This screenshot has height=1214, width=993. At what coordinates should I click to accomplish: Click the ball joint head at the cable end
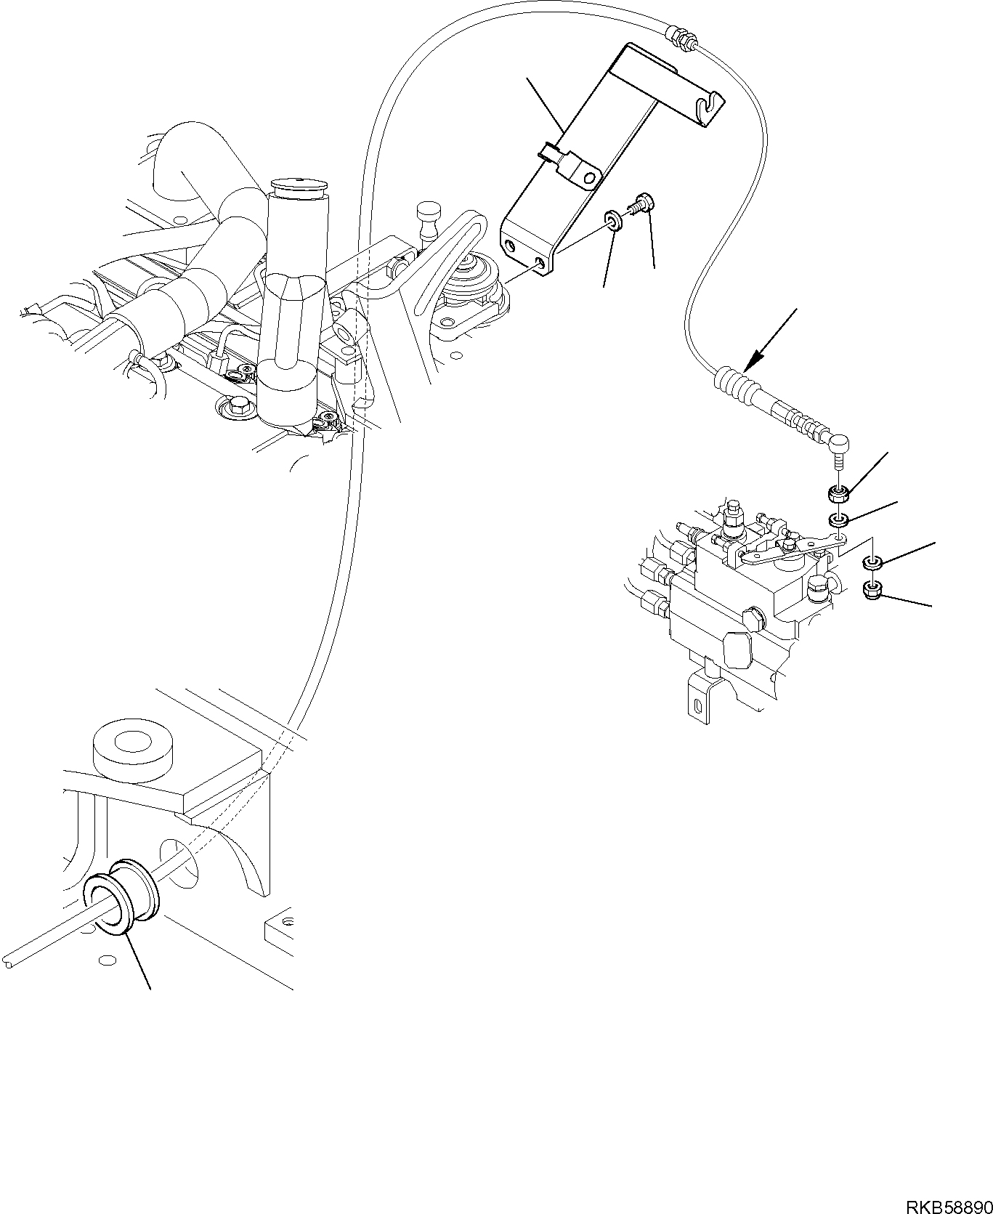coord(839,442)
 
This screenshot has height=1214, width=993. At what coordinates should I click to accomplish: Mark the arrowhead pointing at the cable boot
coord(758,356)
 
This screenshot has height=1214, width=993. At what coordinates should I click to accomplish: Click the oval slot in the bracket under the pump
coord(697,705)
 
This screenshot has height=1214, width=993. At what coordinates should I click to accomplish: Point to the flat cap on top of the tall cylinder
coord(297,183)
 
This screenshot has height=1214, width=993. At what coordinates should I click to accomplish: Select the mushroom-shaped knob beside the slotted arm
coord(427,214)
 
